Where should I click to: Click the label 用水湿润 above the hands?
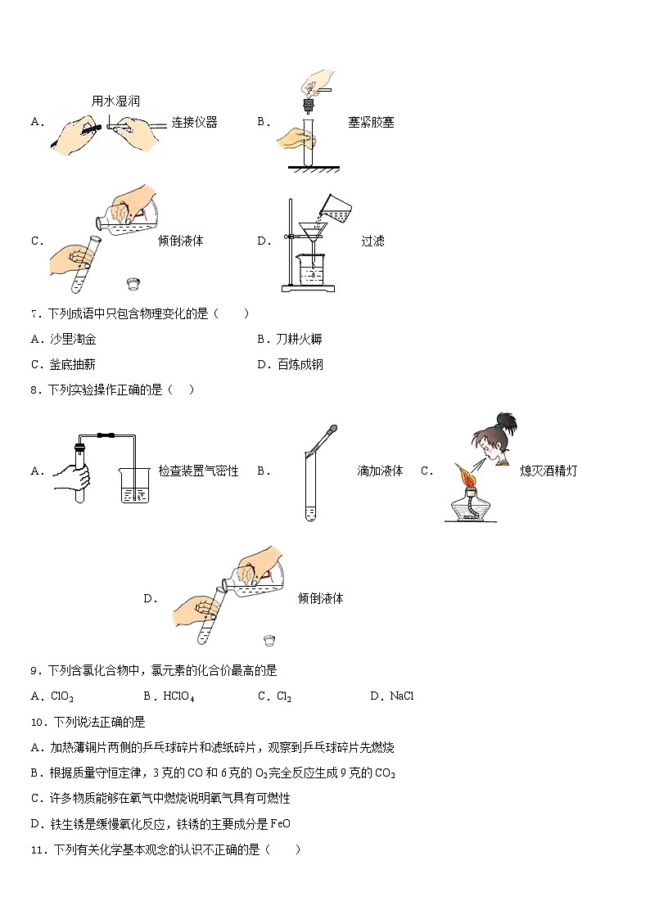tap(115, 101)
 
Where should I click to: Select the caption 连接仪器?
tap(194, 123)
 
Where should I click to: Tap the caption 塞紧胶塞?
tap(371, 123)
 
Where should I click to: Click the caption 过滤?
tap(372, 241)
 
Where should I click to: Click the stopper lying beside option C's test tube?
tap(133, 283)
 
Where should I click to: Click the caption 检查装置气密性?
tap(198, 471)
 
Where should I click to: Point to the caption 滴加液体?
tap(380, 471)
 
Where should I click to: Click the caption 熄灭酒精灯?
tap(548, 471)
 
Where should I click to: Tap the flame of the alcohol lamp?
tap(467, 472)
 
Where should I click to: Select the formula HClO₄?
tap(178, 696)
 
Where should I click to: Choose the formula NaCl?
tap(402, 696)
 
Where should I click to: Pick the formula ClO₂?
tap(62, 696)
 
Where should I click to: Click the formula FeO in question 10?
tap(281, 824)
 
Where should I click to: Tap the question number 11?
tap(37, 850)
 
